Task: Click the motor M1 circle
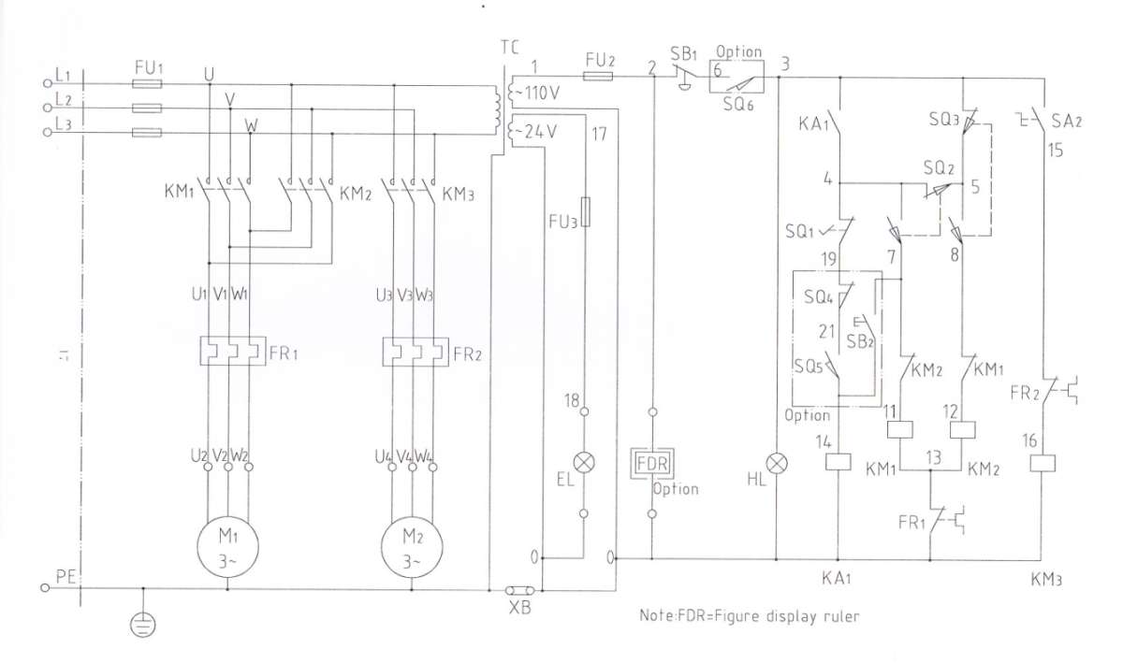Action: point(227,517)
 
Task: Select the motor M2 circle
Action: point(412,517)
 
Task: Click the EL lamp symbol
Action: point(584,463)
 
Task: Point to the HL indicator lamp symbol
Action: point(777,464)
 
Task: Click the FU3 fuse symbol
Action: point(585,212)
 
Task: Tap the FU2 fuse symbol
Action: point(598,76)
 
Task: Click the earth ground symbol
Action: point(143,625)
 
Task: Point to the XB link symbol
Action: point(520,590)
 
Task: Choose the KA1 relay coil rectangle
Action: point(839,462)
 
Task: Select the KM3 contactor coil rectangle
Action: point(1043,463)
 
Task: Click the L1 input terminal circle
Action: point(48,83)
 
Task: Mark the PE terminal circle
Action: point(45,588)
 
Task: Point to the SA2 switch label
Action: point(1066,122)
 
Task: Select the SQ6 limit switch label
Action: point(738,105)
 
